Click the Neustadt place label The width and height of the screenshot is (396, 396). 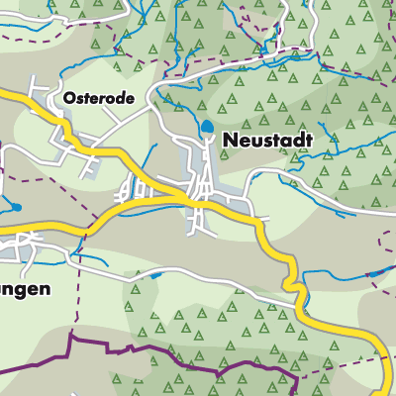click(266, 141)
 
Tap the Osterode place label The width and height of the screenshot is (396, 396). click(96, 99)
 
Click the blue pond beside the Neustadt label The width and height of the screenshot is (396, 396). click(206, 127)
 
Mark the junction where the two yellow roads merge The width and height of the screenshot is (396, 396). click(188, 200)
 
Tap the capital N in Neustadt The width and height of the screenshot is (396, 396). click(229, 141)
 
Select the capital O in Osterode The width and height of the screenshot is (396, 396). click(68, 99)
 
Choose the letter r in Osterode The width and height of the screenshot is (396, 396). click(102, 100)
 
